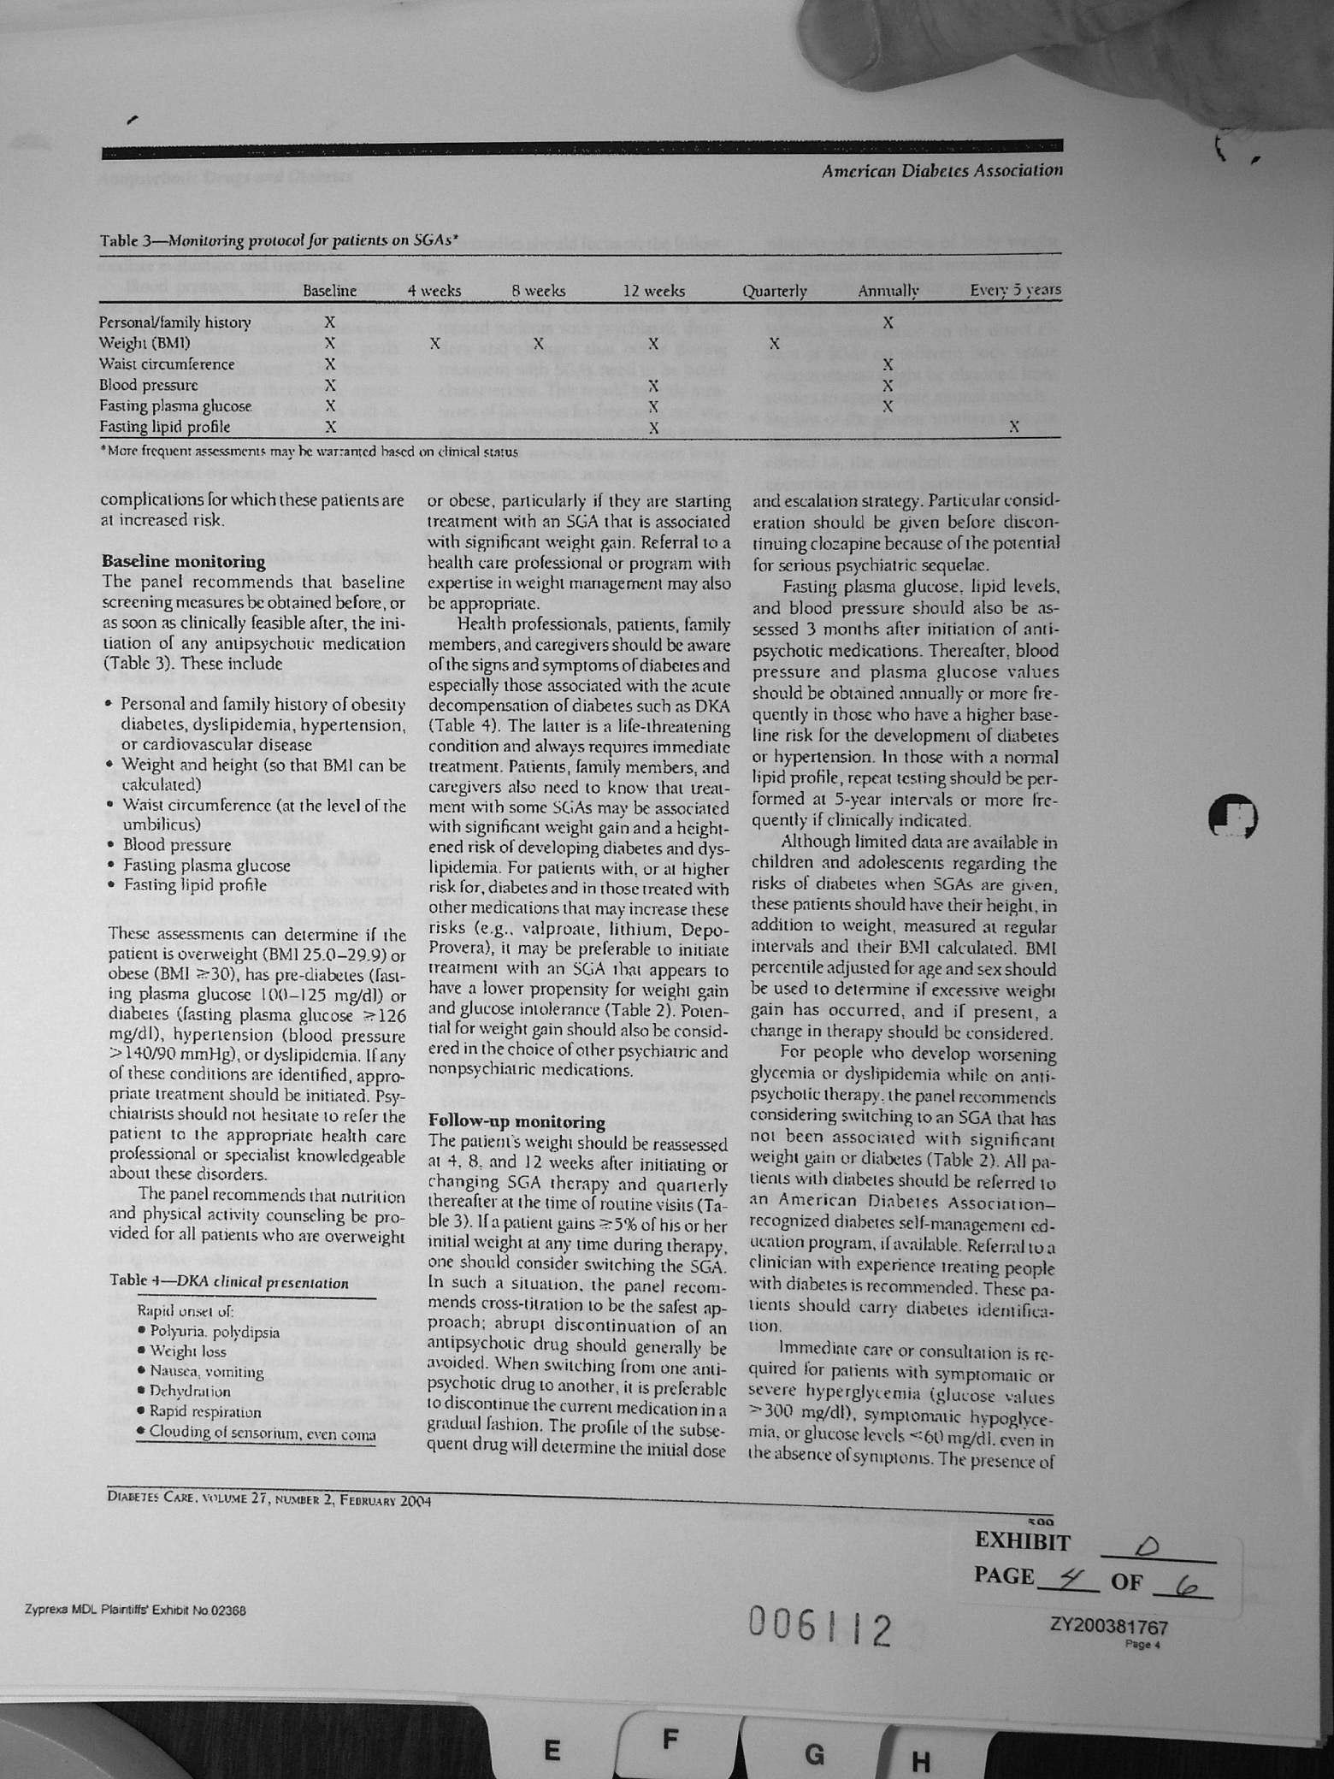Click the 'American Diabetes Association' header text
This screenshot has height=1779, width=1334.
coord(941,171)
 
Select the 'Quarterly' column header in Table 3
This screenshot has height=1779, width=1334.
coord(774,291)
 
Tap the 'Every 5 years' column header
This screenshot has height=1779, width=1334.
coord(1015,290)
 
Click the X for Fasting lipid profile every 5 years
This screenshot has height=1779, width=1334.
coord(1014,426)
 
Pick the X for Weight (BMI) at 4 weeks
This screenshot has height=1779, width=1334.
coord(434,344)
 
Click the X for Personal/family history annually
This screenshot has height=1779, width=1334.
coord(888,323)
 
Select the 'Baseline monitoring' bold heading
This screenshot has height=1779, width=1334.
coord(183,562)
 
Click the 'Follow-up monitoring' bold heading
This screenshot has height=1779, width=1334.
coord(516,1121)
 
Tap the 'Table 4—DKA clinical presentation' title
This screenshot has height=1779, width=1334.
coord(229,1283)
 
